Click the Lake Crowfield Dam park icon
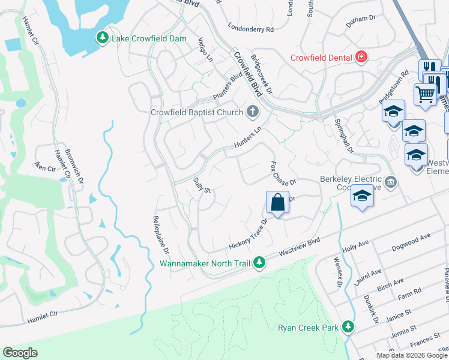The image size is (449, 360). (x=103, y=38)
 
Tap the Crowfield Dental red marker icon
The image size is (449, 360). (x=361, y=58)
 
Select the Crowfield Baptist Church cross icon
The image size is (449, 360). (x=253, y=112)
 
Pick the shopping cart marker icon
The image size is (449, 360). (x=424, y=94)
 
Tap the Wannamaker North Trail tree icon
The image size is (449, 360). (x=259, y=263)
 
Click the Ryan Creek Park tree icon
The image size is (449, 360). (x=348, y=327)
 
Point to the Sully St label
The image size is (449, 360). (x=200, y=185)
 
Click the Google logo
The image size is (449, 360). (x=20, y=353)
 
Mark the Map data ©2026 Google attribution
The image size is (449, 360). (x=411, y=355)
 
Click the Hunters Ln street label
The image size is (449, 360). (x=248, y=138)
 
